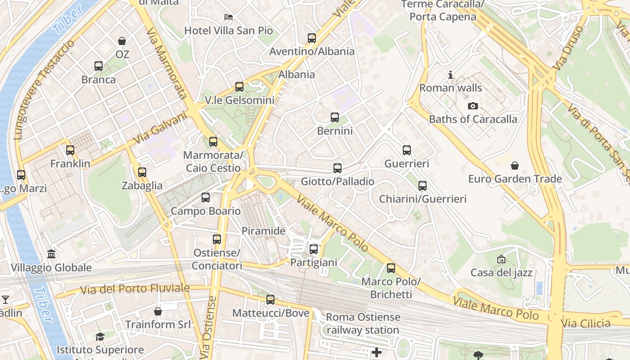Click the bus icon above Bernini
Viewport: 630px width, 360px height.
[335, 117]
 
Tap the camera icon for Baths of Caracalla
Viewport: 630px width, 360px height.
[472, 106]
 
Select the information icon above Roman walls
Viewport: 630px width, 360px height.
[450, 75]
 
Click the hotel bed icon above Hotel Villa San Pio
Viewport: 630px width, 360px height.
[229, 17]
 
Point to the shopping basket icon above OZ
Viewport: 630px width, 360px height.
[122, 41]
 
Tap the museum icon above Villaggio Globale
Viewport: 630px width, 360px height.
[51, 254]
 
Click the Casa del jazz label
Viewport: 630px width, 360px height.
[501, 272]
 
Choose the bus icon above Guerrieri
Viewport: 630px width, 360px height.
[407, 150]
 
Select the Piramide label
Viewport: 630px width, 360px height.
[264, 231]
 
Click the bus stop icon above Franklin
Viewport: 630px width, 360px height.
[70, 150]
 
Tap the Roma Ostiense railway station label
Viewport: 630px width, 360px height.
[363, 323]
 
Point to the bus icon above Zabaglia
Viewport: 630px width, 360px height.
[142, 172]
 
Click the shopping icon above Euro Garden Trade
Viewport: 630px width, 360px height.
[515, 166]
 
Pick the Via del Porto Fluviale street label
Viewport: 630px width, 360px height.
[135, 288]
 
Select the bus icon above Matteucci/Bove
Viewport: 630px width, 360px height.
[270, 299]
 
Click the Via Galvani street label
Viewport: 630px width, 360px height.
[160, 128]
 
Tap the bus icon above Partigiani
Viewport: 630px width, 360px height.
[314, 249]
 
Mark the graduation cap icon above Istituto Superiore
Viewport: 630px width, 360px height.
[100, 337]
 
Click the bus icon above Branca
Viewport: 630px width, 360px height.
[99, 66]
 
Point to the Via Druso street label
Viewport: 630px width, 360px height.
[568, 47]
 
